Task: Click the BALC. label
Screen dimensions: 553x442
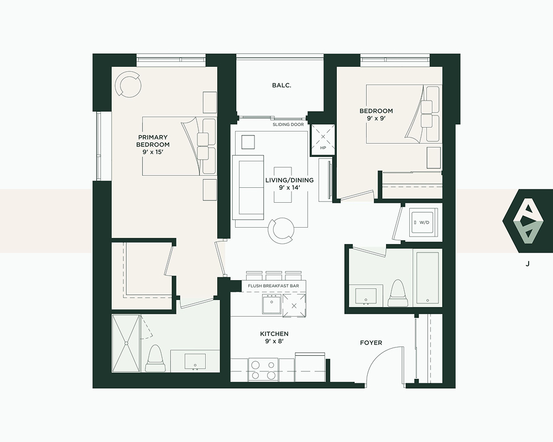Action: tap(281, 85)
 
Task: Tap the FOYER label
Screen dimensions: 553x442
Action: tap(371, 343)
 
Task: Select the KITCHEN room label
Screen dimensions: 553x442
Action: tap(274, 334)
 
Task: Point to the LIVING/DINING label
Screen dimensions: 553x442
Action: tap(289, 180)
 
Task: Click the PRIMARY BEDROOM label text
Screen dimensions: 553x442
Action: tap(153, 141)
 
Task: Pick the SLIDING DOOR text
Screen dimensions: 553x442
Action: tap(288, 124)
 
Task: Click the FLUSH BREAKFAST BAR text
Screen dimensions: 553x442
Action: tap(273, 286)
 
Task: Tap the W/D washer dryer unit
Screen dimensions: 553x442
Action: tap(422, 222)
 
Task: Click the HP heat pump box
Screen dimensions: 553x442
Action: tap(323, 140)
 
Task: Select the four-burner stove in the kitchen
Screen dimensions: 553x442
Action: tap(263, 370)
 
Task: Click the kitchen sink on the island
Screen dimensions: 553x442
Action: tap(272, 304)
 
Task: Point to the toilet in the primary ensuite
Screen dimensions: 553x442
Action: tap(156, 358)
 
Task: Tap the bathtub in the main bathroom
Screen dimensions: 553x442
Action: tap(427, 277)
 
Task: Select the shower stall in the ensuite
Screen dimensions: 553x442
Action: tap(126, 343)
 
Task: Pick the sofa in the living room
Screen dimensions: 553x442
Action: tap(248, 187)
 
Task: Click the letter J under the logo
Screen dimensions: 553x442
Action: tap(528, 264)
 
